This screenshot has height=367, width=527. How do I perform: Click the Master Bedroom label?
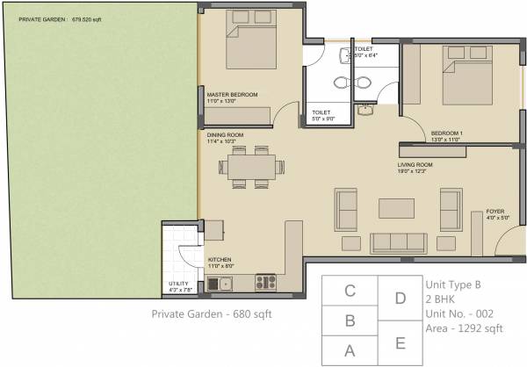pyautogui.click(x=231, y=94)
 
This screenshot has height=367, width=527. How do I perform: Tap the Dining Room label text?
pyautogui.click(x=226, y=134)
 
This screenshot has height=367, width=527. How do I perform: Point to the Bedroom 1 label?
pyautogui.click(x=446, y=133)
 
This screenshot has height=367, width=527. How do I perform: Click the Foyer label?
pyautogui.click(x=496, y=212)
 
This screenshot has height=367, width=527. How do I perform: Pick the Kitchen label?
pyautogui.click(x=219, y=261)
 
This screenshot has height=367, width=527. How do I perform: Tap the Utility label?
pyautogui.click(x=178, y=284)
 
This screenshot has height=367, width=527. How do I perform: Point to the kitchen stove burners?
pyautogui.click(x=265, y=283)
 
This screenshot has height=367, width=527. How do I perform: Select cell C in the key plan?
pyautogui.click(x=349, y=290)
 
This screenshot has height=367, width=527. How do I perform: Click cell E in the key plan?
pyautogui.click(x=401, y=342)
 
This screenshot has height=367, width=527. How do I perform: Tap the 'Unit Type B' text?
pyautogui.click(x=453, y=284)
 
